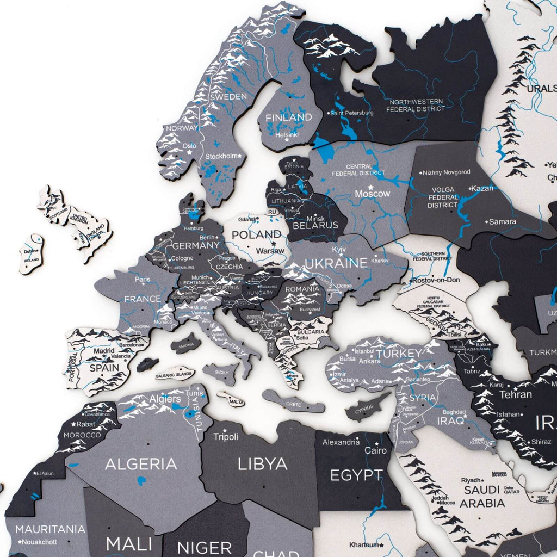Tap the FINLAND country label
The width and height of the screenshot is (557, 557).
(288, 117)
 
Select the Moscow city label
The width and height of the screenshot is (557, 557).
(373, 194)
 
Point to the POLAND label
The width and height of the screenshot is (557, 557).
(257, 235)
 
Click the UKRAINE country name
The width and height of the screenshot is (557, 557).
(336, 264)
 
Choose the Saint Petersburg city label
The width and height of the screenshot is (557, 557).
(352, 113)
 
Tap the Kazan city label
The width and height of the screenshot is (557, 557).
(482, 188)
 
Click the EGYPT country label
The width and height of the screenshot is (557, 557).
(356, 475)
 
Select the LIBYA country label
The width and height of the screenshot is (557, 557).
(262, 464)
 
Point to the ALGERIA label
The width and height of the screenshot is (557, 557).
(141, 464)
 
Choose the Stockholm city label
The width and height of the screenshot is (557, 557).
(221, 157)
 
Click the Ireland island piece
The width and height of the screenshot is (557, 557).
(32, 255)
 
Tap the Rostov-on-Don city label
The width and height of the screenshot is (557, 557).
(436, 280)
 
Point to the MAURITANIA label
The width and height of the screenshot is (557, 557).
(50, 529)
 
